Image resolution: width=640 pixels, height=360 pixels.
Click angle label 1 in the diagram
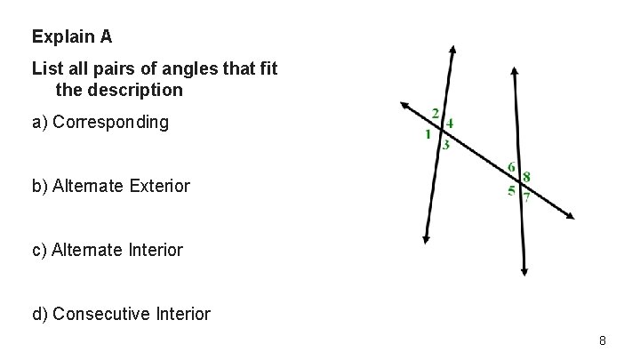tap(428, 134)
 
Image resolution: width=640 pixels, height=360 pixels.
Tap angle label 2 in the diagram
tap(435, 113)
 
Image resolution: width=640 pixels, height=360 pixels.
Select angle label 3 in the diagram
tap(445, 146)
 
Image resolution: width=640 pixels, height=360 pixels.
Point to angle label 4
tap(450, 124)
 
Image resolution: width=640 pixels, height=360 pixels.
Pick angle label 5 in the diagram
tap(511, 190)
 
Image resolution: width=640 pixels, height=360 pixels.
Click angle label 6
tap(512, 168)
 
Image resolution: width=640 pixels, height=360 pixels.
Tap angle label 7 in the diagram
tap(526, 198)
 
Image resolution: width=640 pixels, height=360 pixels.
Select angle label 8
tap(527, 177)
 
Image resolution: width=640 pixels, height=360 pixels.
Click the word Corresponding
tap(110, 122)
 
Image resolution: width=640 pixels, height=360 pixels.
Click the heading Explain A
tap(72, 37)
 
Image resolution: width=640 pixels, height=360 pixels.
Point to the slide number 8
tap(603, 340)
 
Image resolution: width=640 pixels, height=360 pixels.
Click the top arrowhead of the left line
tap(453, 50)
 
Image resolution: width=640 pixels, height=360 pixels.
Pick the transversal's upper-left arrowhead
tap(404, 104)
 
